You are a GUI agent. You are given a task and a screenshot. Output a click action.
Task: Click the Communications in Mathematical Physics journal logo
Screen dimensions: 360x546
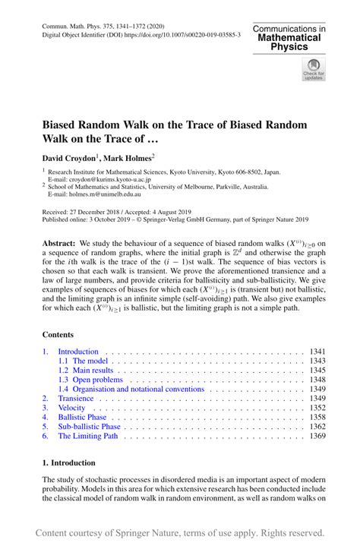click(289, 37)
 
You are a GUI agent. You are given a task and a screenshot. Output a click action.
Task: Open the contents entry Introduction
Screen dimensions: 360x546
click(78, 352)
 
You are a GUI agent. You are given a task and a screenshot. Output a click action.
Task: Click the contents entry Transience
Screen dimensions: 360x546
click(76, 398)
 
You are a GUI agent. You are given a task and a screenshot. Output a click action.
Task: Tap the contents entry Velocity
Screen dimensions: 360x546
click(72, 408)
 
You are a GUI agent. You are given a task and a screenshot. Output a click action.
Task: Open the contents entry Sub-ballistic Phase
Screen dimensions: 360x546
click(90, 427)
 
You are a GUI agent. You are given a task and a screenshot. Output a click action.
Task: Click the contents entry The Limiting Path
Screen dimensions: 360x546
click(88, 436)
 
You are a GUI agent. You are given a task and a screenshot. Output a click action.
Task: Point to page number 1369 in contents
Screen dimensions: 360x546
click(318, 436)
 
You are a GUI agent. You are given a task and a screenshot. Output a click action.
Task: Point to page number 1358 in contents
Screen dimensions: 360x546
click(318, 417)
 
